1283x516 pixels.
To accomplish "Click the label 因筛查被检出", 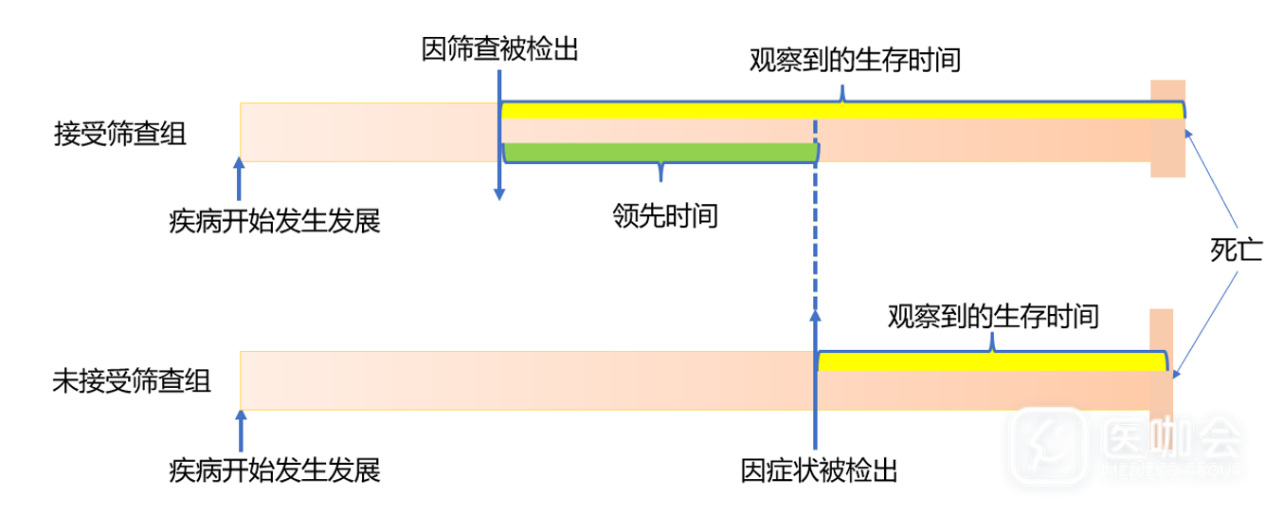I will (499, 48).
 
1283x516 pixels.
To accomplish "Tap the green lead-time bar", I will (660, 151).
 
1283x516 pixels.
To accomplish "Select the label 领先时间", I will (664, 217).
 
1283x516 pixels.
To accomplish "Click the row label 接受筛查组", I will (119, 133).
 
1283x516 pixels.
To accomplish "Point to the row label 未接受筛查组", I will (131, 381).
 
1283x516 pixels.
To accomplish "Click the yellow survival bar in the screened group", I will (841, 110).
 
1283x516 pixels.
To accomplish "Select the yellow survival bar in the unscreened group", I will (991, 361).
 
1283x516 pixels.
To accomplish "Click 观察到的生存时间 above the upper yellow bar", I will (856, 63).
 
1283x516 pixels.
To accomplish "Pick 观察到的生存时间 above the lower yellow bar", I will (993, 316).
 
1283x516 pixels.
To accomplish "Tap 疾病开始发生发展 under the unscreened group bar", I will (274, 470).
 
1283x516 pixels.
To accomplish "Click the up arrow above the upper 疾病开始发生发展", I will (240, 180).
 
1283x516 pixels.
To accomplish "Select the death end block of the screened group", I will (1167, 128).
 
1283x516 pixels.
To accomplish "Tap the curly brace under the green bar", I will (660, 171).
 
